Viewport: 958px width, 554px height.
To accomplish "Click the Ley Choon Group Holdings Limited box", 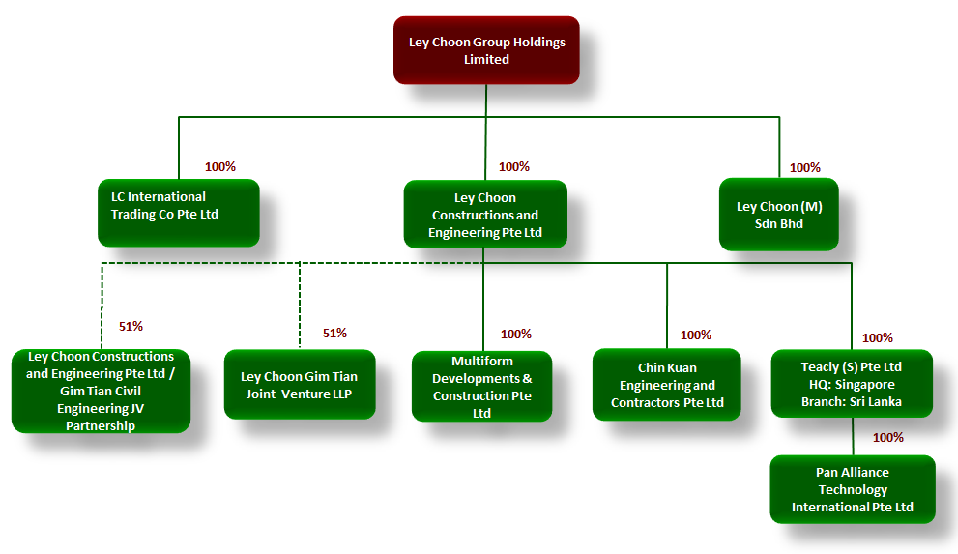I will (x=486, y=50).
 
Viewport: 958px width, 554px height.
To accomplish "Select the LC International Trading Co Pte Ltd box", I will (x=178, y=212).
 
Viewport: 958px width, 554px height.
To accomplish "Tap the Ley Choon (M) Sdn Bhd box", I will (x=779, y=216).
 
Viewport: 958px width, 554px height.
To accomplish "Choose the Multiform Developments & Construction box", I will (x=481, y=387).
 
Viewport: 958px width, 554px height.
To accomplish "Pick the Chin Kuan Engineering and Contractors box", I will (x=666, y=385).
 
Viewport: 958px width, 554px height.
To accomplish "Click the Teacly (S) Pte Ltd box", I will (x=851, y=384).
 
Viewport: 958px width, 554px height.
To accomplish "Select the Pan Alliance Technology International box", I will (x=852, y=489).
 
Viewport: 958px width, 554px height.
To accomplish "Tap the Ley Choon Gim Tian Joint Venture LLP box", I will (x=299, y=385).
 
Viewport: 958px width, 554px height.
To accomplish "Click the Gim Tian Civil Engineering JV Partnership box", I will (x=101, y=391).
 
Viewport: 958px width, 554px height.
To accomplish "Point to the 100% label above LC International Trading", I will (x=219, y=167).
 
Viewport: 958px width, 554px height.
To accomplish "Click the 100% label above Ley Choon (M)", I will (x=804, y=168).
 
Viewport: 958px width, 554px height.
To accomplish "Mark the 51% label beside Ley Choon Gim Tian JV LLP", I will (x=334, y=334).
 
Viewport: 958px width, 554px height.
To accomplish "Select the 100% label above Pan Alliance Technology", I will (x=887, y=438).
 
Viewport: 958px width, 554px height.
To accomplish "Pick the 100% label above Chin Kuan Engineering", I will (x=695, y=335).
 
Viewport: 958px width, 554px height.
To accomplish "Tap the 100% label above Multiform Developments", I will (x=515, y=335).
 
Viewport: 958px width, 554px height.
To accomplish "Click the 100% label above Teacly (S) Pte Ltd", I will (x=877, y=338).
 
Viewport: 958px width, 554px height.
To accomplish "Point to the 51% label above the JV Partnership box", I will (x=131, y=327).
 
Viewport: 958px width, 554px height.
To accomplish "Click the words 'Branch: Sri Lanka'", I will (x=851, y=401).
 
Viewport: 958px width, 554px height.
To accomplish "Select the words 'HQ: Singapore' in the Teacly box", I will (x=852, y=385).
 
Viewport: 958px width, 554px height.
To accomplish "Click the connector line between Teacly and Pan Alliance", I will (x=852, y=436).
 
